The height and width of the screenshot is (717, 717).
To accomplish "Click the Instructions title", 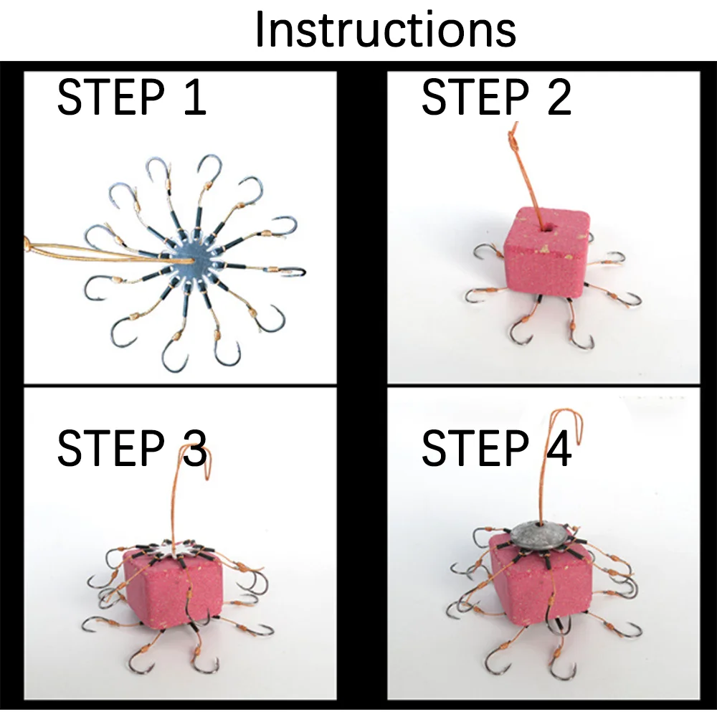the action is (x=386, y=29).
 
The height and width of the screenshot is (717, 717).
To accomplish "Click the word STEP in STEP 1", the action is (x=111, y=97).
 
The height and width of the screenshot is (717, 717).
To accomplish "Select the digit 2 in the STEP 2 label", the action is (x=559, y=97).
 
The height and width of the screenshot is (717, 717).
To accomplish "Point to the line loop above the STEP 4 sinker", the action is (x=566, y=427).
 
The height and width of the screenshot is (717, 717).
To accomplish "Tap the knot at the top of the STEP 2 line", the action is (x=514, y=140).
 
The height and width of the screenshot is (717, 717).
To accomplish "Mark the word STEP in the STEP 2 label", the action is (x=475, y=97).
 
